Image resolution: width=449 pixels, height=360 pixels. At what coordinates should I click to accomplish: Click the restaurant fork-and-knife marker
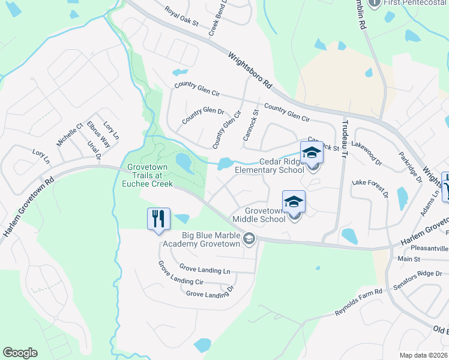(x=159, y=218)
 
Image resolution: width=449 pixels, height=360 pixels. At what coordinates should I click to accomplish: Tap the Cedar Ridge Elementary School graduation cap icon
(x=312, y=152)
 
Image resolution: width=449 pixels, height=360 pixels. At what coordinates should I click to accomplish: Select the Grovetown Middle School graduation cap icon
(x=294, y=202)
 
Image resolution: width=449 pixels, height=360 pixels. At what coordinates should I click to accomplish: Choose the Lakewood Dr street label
(x=367, y=153)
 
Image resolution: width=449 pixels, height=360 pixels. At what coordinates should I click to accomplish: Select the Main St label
(x=409, y=259)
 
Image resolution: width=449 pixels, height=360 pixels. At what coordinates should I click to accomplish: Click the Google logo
(x=20, y=353)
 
